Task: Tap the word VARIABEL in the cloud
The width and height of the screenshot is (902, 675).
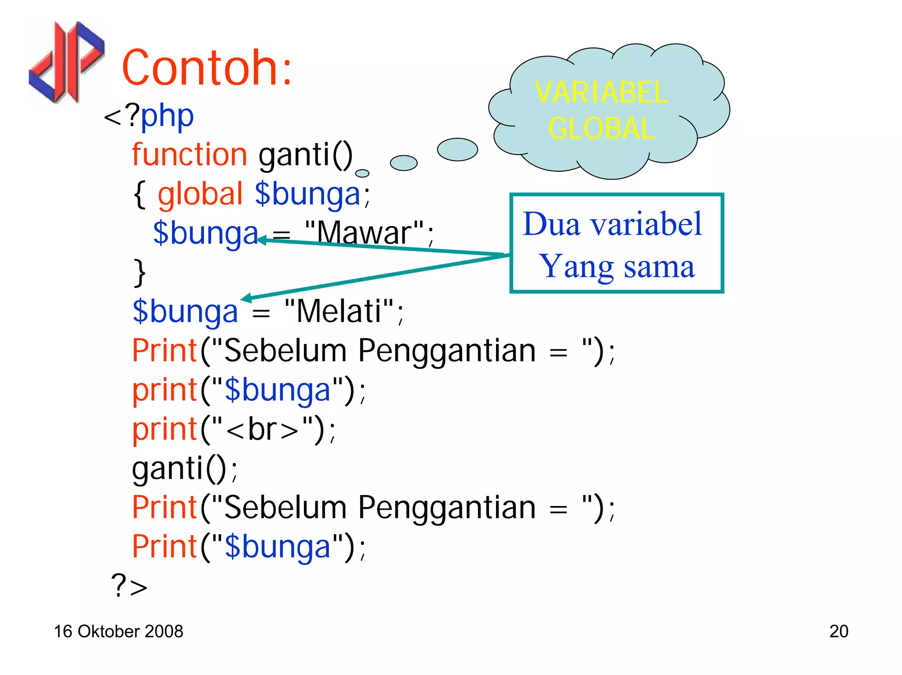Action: [x=601, y=92]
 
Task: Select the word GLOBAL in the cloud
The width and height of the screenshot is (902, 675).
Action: [x=601, y=128]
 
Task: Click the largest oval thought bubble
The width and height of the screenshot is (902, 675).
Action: [x=457, y=150]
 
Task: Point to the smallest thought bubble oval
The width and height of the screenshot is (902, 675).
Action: [x=362, y=173]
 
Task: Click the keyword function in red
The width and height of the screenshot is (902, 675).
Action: [x=189, y=155]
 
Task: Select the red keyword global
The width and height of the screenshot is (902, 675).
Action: [x=200, y=194]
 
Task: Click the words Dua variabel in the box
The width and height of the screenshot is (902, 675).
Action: [x=612, y=224]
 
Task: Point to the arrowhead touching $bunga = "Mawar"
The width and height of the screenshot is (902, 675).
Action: [x=261, y=240]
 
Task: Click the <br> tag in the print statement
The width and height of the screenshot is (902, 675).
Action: [x=262, y=429]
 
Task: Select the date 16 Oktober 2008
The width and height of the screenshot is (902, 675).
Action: [x=118, y=631]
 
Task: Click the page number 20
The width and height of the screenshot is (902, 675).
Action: [x=838, y=631]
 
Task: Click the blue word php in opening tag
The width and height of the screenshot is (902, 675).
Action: [x=167, y=116]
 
